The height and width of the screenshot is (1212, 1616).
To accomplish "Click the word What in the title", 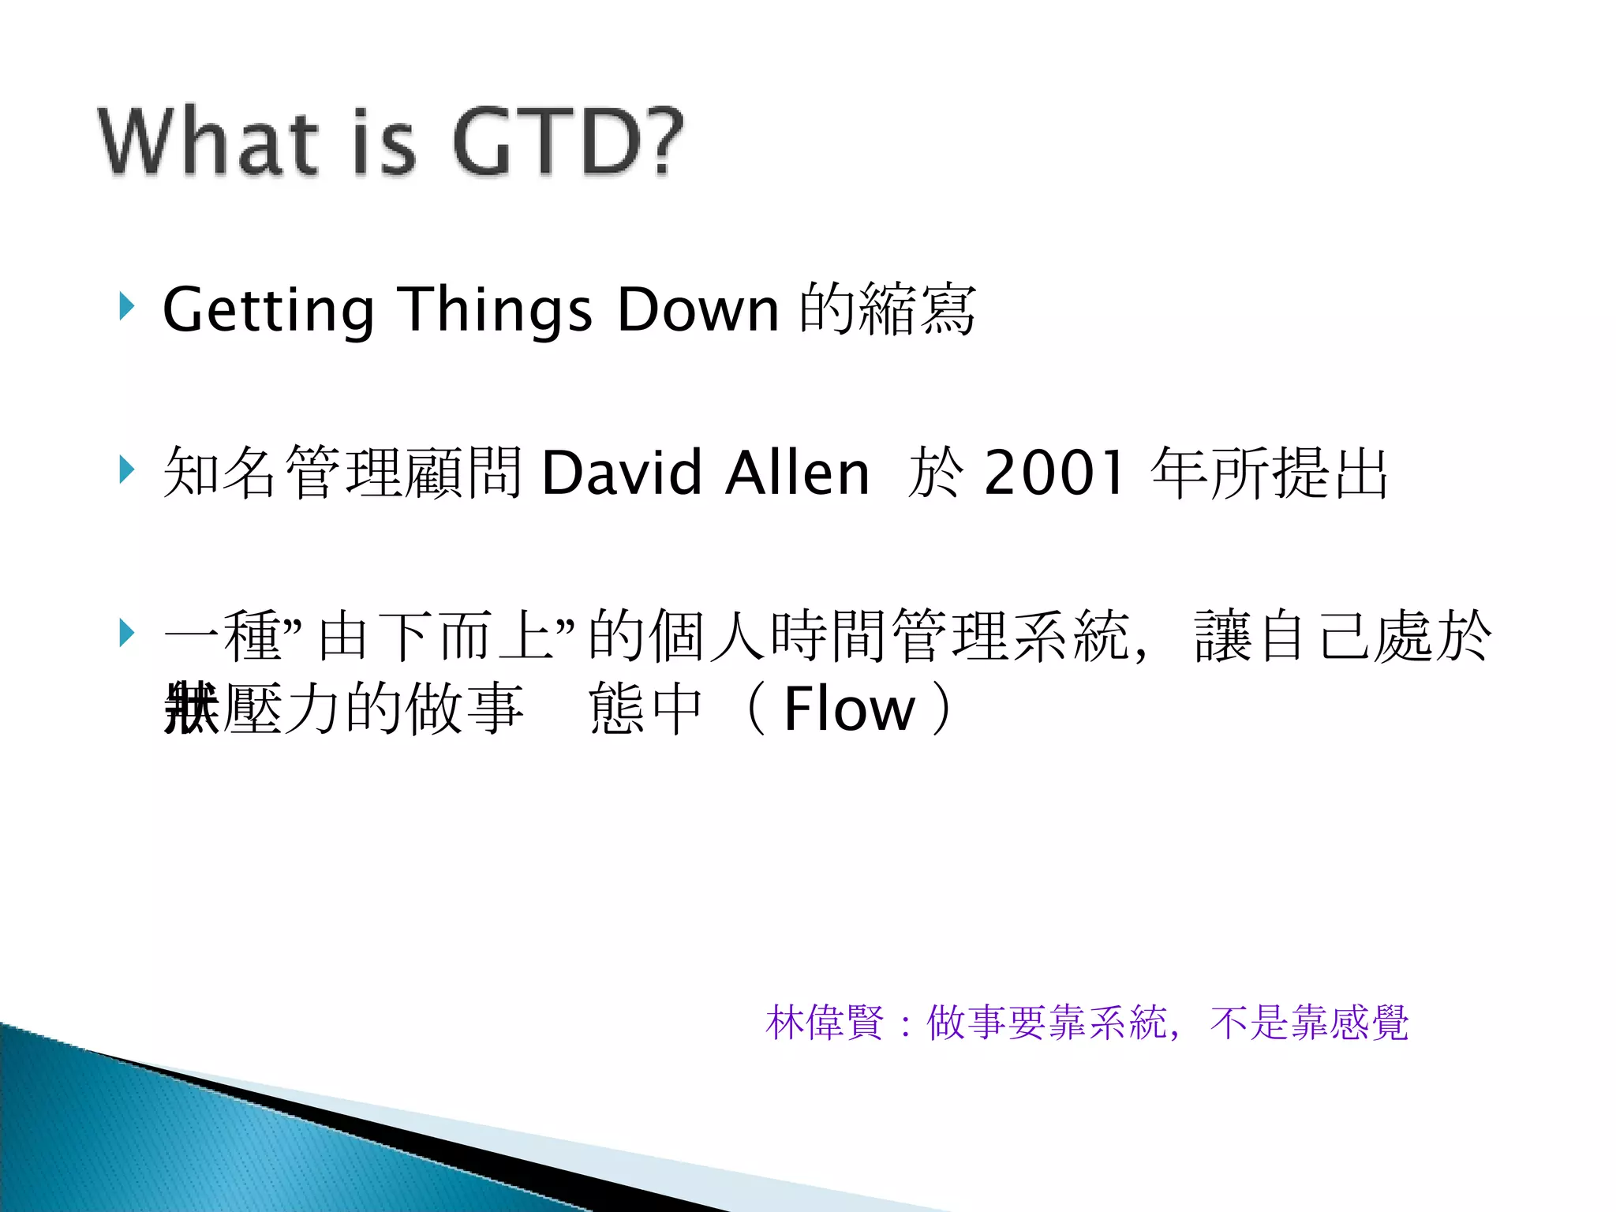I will [207, 142].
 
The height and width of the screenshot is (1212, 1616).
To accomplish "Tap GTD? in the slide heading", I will [567, 142].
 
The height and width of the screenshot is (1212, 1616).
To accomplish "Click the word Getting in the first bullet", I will [267, 310].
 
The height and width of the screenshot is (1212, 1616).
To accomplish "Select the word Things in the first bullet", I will [494, 310].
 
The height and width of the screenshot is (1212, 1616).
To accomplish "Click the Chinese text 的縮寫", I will [888, 309].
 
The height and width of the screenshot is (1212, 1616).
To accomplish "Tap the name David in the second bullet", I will [621, 473].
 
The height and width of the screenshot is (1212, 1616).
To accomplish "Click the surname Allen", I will [797, 473].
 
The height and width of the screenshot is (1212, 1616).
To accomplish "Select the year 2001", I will [1054, 473].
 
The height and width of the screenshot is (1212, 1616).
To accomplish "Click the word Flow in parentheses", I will [849, 708].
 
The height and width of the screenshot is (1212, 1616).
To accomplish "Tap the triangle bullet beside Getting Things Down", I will [126, 305].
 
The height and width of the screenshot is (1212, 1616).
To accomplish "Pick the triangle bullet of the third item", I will [126, 633].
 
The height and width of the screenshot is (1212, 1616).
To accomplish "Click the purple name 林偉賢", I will [825, 1023].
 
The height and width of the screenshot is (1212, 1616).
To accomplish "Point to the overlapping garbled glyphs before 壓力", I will [191, 708].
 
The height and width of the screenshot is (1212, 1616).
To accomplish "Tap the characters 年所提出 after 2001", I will [1269, 473].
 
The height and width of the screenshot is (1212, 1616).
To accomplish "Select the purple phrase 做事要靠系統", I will [1046, 1023].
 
